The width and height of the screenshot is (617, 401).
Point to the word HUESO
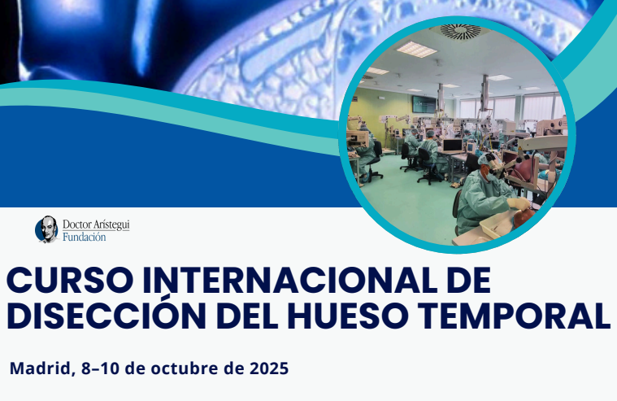coord(350,316)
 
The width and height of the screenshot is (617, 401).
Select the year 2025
coord(269,368)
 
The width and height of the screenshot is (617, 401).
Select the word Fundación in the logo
coord(85,238)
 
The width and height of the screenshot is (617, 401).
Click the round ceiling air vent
coord(460,31)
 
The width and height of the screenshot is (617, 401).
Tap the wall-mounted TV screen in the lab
coord(424,103)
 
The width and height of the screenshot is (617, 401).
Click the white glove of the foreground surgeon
coord(519,203)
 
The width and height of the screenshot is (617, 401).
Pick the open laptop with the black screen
coord(452,146)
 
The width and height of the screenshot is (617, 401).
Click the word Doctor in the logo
coord(76,224)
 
